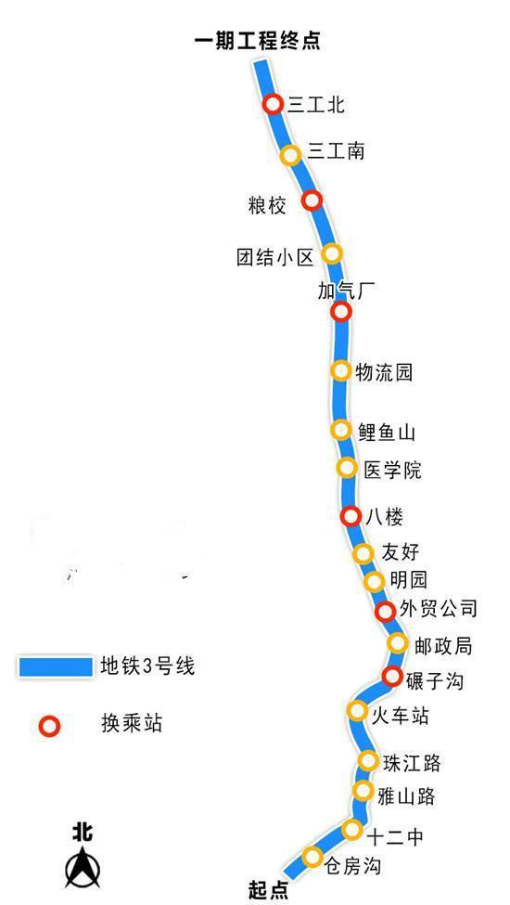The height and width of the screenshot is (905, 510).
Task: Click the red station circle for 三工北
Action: pyautogui.click(x=274, y=105)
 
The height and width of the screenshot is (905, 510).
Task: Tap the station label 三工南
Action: pyautogui.click(x=336, y=151)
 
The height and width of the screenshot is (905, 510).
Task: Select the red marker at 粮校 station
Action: pyautogui.click(x=312, y=200)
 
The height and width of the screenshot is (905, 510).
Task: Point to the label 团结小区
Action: pyautogui.click(x=275, y=257)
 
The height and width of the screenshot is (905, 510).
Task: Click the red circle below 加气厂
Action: pyautogui.click(x=341, y=312)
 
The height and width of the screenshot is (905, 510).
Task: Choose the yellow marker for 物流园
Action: pyautogui.click(x=341, y=370)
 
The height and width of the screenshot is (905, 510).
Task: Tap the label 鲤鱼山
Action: pyautogui.click(x=386, y=433)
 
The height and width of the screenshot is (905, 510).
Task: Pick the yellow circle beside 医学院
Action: pyautogui.click(x=347, y=468)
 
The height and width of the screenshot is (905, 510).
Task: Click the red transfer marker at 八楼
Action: pyautogui.click(x=351, y=516)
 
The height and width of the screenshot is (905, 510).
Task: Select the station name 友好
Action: pyautogui.click(x=401, y=551)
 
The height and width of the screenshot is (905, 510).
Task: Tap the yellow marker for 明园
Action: pyautogui.click(x=375, y=582)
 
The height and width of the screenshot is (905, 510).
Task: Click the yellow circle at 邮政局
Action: pyautogui.click(x=398, y=643)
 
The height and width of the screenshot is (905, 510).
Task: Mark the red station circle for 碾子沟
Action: pyautogui.click(x=392, y=676)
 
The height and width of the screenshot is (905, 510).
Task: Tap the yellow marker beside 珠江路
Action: pyautogui.click(x=368, y=761)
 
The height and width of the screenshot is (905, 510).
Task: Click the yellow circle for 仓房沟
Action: pyautogui.click(x=312, y=857)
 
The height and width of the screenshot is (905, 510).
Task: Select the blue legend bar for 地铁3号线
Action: pyautogui.click(x=56, y=666)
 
